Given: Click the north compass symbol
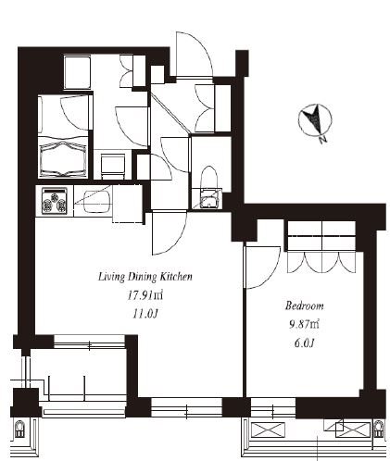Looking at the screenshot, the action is (x=315, y=119).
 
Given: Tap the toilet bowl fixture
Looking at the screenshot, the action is (x=209, y=178).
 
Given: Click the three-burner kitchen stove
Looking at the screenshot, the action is (x=55, y=201).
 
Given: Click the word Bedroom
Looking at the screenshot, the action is (x=304, y=306).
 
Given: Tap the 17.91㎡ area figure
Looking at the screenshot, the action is (x=145, y=295).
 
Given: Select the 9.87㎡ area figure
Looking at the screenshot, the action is (x=304, y=324).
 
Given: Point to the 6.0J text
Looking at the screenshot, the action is (x=304, y=343).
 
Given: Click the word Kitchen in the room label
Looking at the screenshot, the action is (x=176, y=277).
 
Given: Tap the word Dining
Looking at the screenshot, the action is (x=142, y=277).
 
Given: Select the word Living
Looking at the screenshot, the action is (x=112, y=277).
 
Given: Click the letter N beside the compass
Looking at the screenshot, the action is (x=323, y=140).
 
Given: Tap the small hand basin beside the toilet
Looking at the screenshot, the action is (x=209, y=198).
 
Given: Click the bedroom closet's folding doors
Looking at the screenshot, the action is (x=321, y=263).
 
